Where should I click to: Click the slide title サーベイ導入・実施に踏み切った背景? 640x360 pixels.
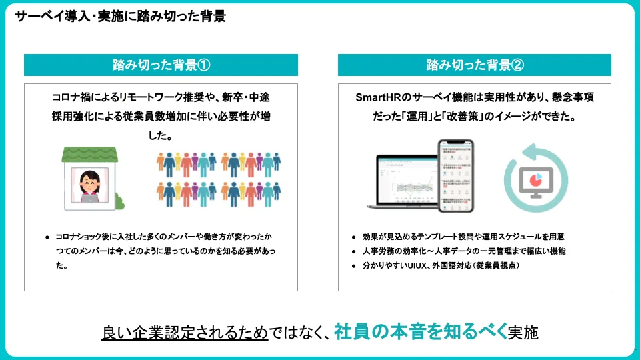tap(120, 17)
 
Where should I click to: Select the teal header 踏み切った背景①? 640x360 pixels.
tap(161, 65)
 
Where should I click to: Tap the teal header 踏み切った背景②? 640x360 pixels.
tap(475, 65)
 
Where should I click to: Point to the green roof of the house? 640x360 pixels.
tap(85, 154)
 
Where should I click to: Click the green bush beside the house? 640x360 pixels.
tap(118, 198)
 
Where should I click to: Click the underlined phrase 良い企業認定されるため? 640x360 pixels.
tap(185, 331)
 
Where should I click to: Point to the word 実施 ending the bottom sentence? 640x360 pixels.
tap(523, 331)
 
